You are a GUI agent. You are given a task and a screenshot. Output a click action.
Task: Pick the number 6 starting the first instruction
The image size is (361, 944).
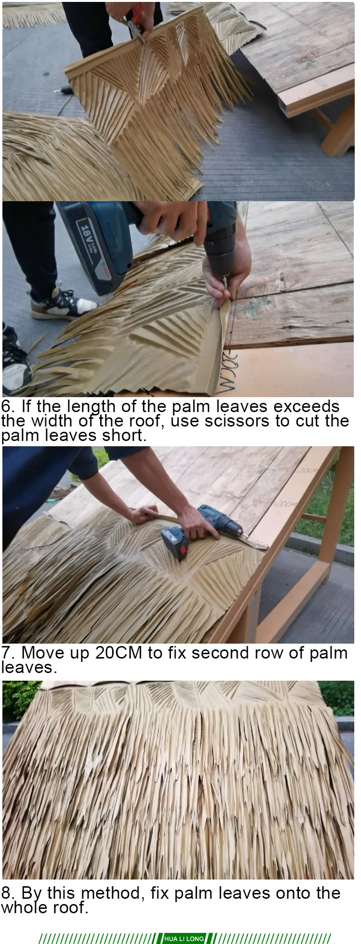click(6, 406)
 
